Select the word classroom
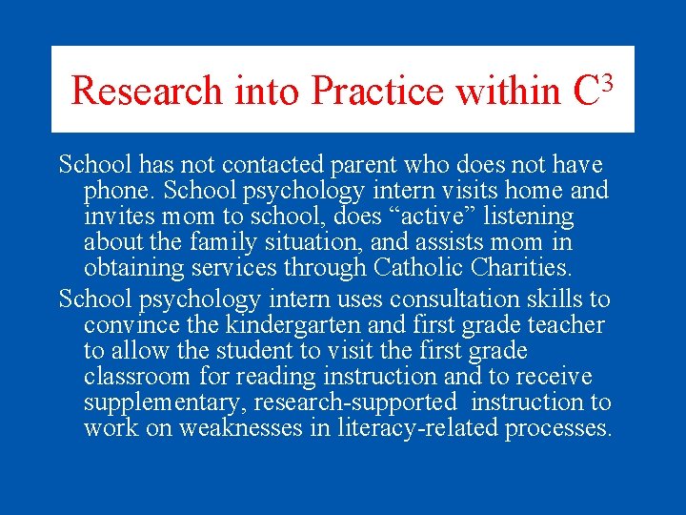click(137, 377)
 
